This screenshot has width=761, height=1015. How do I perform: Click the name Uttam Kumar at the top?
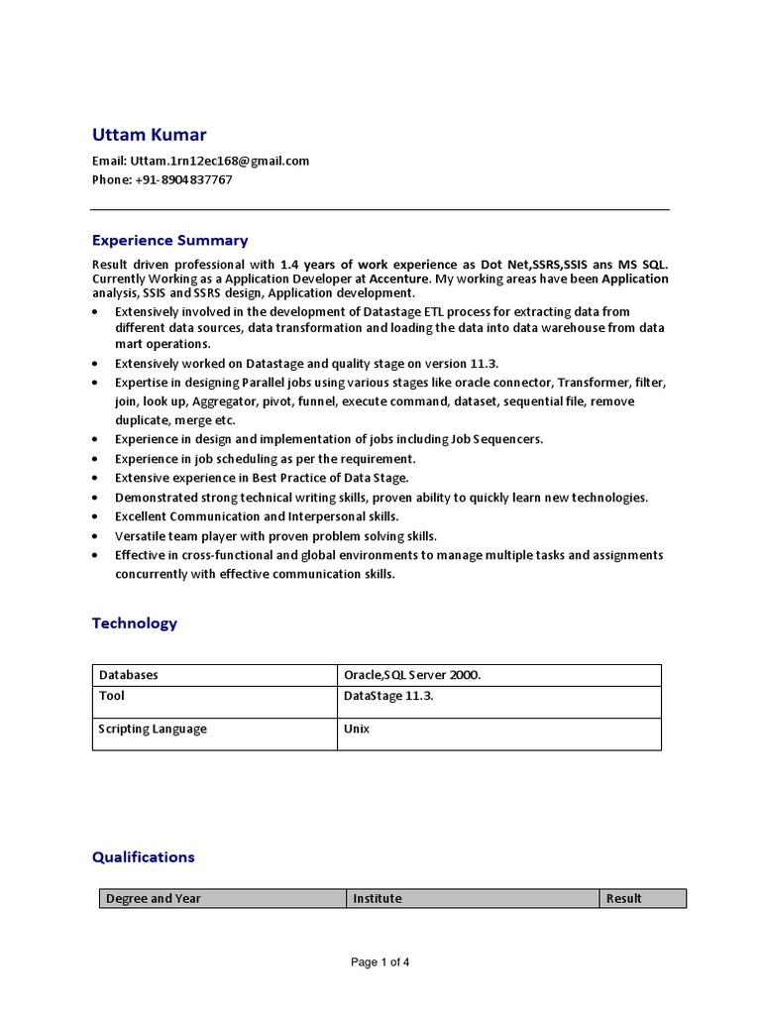[x=150, y=135]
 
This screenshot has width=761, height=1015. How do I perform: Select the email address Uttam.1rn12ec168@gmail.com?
[x=220, y=161]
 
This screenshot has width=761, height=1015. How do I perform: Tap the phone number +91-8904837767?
[x=183, y=179]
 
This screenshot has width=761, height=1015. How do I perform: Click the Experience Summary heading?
[x=169, y=240]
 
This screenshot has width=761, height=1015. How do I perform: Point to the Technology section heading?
[x=135, y=623]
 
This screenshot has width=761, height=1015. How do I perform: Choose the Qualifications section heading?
[x=144, y=857]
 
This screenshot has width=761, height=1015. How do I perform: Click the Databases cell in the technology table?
[x=128, y=675]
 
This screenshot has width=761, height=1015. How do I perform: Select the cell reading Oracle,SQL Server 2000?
[x=412, y=675]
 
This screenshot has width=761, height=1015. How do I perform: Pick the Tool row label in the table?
[x=112, y=696]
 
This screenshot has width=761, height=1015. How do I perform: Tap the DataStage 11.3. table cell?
[x=388, y=696]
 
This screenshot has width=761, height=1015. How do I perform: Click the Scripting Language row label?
[x=153, y=729]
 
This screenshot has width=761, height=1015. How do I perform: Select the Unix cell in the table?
[x=357, y=729]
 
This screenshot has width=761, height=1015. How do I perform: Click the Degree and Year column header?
[x=154, y=899]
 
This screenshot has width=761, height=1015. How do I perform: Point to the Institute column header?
[x=378, y=899]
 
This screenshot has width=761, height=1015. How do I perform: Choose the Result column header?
[x=624, y=899]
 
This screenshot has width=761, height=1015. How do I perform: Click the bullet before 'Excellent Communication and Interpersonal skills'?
[x=94, y=517]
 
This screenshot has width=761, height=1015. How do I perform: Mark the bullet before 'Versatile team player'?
[x=94, y=536]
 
